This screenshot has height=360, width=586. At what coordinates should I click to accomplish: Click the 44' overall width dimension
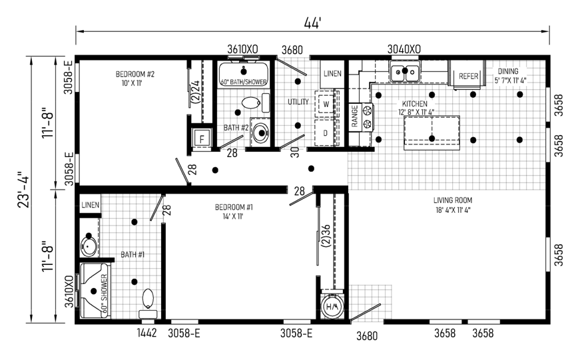click(x=312, y=23)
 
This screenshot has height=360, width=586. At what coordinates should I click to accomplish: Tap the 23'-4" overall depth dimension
click(x=23, y=190)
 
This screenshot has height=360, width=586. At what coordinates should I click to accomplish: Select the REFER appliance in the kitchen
click(x=469, y=76)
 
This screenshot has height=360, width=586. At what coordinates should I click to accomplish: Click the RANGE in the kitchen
click(x=361, y=117)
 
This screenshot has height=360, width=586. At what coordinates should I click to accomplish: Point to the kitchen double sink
click(x=405, y=71)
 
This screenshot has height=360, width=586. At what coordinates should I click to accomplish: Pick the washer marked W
click(x=326, y=104)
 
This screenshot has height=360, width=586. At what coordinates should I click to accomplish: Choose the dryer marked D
click(x=326, y=132)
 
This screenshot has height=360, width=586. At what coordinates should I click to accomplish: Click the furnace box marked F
click(x=202, y=139)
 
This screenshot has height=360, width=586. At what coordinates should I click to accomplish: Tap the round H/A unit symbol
click(x=332, y=307)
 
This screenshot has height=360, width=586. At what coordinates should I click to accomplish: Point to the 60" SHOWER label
click(x=104, y=293)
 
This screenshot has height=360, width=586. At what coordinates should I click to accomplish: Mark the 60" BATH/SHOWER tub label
click(x=244, y=82)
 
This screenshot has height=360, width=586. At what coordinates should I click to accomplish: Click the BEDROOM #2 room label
click(x=135, y=74)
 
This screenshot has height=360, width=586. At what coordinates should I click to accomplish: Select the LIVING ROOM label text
click(x=453, y=200)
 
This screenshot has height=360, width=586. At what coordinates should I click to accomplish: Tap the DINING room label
click(x=508, y=71)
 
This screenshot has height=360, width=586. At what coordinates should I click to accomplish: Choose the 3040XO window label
click(x=404, y=49)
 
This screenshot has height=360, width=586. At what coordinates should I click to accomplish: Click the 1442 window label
click(x=146, y=333)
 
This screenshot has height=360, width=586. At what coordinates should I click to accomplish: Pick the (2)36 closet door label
click(x=326, y=237)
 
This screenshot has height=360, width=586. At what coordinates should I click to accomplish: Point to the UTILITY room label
click(x=298, y=102)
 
